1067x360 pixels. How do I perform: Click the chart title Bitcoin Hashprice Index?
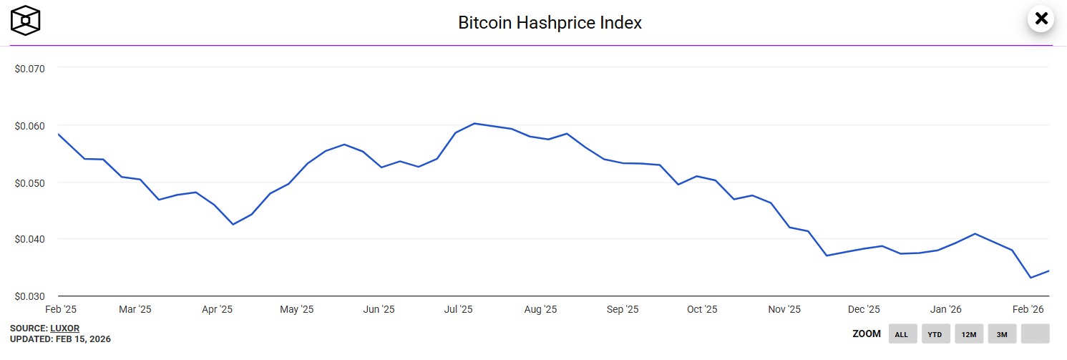550,22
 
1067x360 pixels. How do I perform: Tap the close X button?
1041,19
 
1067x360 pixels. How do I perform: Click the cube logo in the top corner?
25,20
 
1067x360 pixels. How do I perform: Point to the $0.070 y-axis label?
30,69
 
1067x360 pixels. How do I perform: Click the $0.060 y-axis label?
30,126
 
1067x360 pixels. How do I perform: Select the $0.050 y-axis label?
30,183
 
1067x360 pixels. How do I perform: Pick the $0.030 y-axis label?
30,296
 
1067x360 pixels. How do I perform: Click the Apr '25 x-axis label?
217,310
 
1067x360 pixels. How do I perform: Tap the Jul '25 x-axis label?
459,310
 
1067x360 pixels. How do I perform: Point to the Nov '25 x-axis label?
784,310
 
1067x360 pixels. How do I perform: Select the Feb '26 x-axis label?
1028,310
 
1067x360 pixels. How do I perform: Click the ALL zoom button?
902,334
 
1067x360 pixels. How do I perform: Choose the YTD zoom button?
935,334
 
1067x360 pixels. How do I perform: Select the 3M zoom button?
1002,334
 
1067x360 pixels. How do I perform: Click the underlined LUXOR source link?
64,328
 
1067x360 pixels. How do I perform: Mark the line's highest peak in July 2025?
474,123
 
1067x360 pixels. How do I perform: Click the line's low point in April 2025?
233,225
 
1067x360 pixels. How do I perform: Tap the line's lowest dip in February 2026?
1031,278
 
